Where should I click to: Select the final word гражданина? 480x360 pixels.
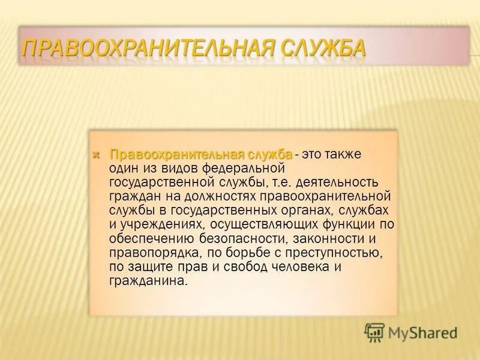(x=148, y=280)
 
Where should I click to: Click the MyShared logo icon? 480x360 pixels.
(x=374, y=332)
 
